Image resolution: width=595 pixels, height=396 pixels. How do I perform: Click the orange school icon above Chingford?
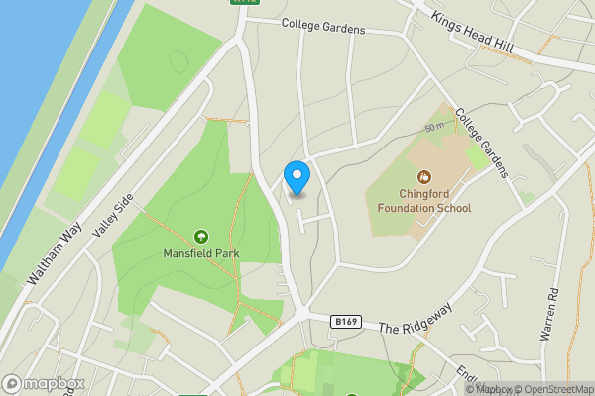pyautogui.click(x=424, y=177)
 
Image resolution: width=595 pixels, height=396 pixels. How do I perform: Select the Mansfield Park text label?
pyautogui.click(x=201, y=253)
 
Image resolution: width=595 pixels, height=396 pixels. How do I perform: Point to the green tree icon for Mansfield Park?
pyautogui.click(x=201, y=236)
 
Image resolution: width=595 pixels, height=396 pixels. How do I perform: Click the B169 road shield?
pyautogui.click(x=345, y=322)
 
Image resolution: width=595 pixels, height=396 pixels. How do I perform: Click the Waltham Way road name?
pyautogui.click(x=56, y=255)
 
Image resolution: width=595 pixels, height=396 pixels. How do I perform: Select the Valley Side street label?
pyautogui.click(x=111, y=213)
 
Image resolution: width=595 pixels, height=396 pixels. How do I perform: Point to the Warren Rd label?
pyautogui.click(x=550, y=315)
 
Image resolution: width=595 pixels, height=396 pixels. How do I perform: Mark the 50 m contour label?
pyautogui.click(x=434, y=129)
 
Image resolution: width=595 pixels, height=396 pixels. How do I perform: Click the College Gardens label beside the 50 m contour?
pyautogui.click(x=482, y=143)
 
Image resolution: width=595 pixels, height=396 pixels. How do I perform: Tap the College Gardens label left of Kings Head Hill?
pyautogui.click(x=323, y=26)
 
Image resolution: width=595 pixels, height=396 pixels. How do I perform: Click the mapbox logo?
pyautogui.click(x=43, y=383)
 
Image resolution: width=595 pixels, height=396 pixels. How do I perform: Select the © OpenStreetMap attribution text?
pyautogui.click(x=547, y=389)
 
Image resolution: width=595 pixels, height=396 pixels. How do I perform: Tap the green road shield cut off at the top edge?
pyautogui.click(x=243, y=3)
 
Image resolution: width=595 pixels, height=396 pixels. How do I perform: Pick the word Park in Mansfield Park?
pyautogui.click(x=225, y=253)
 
